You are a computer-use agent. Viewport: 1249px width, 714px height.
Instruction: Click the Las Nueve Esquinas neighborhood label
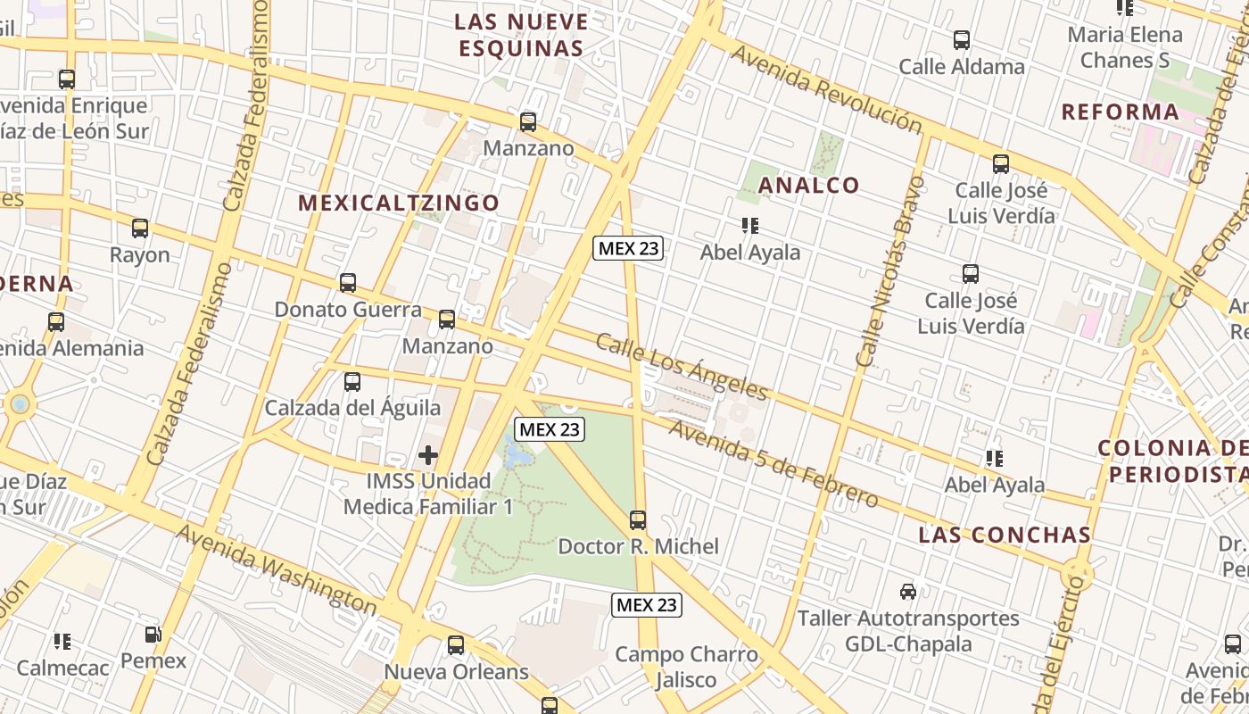[x=522, y=34]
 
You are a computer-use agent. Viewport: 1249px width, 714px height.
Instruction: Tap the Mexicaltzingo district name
[x=399, y=203]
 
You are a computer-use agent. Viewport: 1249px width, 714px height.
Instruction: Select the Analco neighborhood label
[x=808, y=185]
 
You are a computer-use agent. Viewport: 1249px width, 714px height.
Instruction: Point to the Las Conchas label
[x=1005, y=535]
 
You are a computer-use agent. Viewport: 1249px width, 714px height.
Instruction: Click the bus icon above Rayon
[x=140, y=228]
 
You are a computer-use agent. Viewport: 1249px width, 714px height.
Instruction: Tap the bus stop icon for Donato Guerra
[x=348, y=283]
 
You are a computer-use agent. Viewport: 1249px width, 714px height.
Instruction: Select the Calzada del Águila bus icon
[x=352, y=382]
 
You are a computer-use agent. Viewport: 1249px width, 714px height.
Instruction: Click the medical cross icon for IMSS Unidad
[x=428, y=455]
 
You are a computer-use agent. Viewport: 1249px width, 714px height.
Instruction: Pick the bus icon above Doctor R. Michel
[x=638, y=520]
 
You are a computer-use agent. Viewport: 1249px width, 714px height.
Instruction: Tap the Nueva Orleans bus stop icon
[x=456, y=645]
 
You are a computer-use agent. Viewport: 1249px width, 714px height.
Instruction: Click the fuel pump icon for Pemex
[x=153, y=635]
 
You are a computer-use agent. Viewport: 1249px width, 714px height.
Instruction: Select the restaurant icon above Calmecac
[x=62, y=641]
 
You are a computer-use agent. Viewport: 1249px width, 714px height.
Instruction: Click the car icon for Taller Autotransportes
[x=908, y=591]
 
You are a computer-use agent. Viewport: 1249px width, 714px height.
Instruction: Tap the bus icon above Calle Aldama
[x=962, y=40]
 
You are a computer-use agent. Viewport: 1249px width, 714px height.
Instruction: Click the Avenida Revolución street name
[x=825, y=89]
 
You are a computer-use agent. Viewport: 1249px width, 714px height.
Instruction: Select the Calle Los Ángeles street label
[x=682, y=367]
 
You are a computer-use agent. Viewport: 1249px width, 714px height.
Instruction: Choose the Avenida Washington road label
[x=277, y=569]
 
